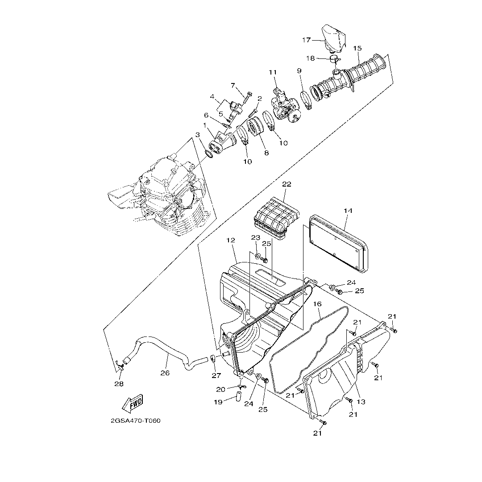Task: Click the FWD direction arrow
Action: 133,403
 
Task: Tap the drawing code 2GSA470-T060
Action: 136,420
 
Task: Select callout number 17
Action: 307,40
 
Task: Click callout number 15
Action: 357,48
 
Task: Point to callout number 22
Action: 287,184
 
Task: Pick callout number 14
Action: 348,211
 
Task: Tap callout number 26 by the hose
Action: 165,373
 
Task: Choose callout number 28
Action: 119,384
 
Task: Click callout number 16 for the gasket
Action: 317,304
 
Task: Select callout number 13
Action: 361,402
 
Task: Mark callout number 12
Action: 231,240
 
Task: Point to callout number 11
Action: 273,72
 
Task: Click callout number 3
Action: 198,135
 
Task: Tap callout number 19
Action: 218,402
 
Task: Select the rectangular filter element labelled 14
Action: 338,244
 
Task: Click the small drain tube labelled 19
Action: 238,397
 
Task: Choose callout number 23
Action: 255,237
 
